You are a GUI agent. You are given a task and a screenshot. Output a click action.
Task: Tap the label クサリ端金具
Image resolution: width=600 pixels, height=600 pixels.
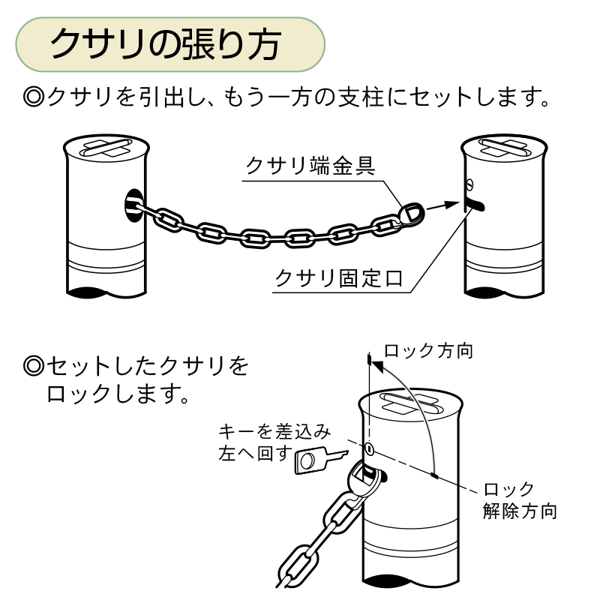point(310,165)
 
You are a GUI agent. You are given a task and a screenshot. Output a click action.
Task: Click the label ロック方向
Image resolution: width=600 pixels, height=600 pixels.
point(428,351)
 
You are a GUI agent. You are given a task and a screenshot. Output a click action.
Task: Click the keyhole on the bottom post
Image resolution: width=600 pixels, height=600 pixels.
point(370,448)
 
